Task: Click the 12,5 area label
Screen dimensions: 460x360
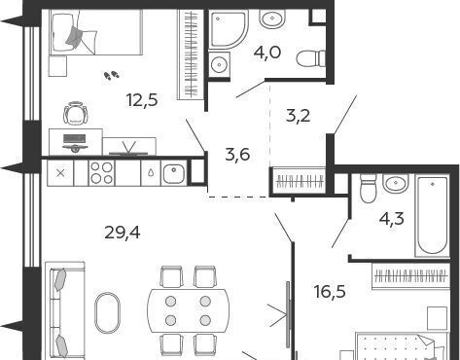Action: click(142, 100)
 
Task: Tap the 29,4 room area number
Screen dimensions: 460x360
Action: click(123, 233)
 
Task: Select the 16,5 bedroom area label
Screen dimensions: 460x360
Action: click(330, 291)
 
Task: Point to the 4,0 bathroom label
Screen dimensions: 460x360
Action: click(267, 53)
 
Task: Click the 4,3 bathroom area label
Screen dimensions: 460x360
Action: click(392, 219)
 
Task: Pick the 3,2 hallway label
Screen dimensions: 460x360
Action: click(299, 116)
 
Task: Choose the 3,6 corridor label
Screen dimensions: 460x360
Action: click(237, 155)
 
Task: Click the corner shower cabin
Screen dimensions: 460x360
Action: click(229, 29)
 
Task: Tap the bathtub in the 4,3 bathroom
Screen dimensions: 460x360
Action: click(432, 216)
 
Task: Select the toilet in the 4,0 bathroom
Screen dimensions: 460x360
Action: click(311, 58)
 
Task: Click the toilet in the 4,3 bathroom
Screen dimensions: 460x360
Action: click(368, 188)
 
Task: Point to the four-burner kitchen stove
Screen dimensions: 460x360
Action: click(101, 173)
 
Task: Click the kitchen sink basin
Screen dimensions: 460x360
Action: click(174, 173)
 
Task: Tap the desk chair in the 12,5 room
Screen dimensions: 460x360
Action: click(76, 113)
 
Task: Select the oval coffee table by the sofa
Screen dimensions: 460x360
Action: click(107, 313)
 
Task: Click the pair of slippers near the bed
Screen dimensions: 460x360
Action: click(112, 76)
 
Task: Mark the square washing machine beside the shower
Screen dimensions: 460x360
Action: click(219, 64)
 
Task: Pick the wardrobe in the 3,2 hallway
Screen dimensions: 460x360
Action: click(298, 182)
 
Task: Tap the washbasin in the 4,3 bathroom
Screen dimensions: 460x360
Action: click(396, 183)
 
